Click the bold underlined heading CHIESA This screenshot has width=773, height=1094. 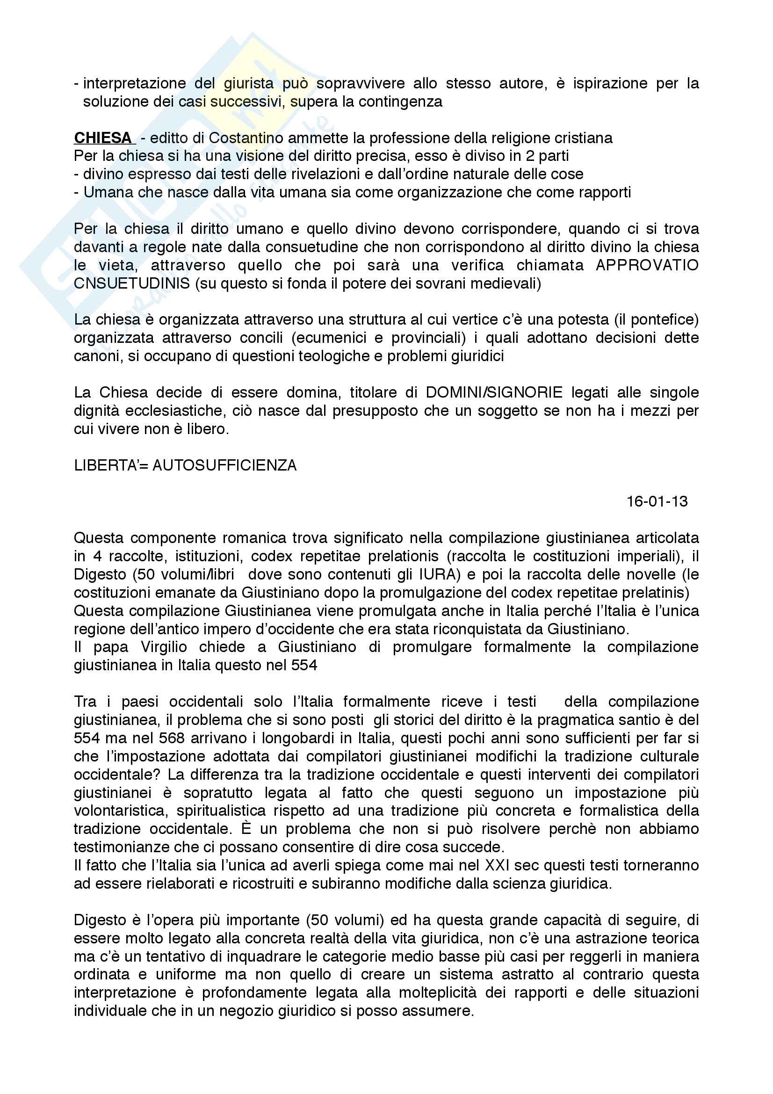102,138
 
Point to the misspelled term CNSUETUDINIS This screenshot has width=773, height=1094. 132,283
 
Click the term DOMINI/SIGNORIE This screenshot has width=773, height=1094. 494,392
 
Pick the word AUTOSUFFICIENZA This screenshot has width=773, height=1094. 224,465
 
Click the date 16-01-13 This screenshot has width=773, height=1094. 657,501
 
